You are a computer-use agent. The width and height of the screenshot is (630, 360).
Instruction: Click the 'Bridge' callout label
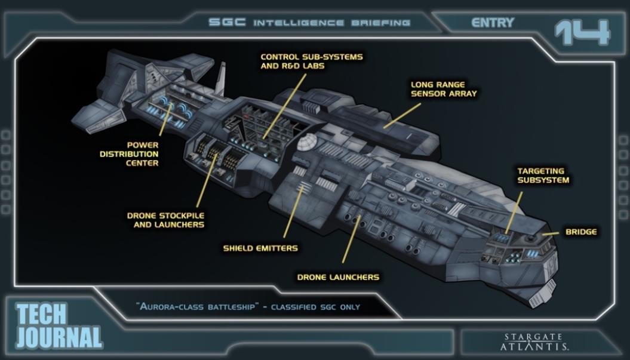581,232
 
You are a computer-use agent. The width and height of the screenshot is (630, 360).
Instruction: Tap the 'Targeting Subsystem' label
543,176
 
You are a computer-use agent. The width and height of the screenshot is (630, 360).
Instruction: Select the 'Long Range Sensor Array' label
444,89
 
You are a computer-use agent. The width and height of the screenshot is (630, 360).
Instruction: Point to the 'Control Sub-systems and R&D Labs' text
311,61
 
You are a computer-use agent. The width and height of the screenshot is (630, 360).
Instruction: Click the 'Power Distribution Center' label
129,154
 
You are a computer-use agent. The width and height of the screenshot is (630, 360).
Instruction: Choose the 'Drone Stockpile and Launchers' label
165,220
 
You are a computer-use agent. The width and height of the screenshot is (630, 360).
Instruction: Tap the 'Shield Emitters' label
260,248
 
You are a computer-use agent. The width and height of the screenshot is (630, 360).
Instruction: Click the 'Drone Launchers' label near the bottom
338,277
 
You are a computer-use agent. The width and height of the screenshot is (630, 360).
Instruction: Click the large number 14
583,32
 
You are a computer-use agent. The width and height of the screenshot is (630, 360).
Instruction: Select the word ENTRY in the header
493,23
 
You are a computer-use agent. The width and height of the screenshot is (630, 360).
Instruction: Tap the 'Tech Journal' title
59,326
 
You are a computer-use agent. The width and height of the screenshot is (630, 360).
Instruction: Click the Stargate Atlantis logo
534,342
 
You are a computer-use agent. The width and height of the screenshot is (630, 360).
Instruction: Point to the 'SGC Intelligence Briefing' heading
309,23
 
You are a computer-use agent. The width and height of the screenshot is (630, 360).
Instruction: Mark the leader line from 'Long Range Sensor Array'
402,116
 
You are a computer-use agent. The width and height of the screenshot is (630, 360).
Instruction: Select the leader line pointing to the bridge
551,233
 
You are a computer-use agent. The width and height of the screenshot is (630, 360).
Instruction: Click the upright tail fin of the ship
220,79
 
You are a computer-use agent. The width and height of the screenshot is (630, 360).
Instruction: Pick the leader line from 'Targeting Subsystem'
514,213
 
